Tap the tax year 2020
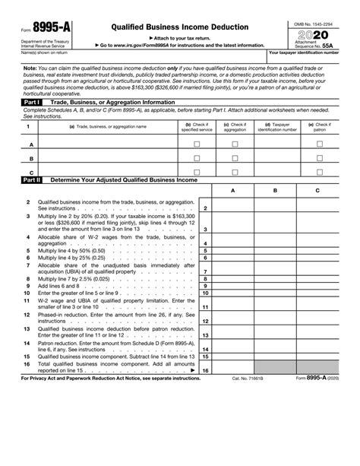314,36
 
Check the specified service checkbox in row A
197,143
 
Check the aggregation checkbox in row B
235,158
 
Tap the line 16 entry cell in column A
232,369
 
